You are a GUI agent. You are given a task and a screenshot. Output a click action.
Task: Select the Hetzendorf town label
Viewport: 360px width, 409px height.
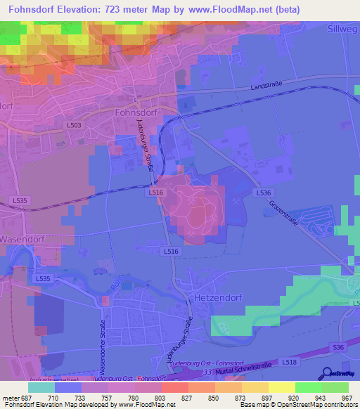coord(217,297)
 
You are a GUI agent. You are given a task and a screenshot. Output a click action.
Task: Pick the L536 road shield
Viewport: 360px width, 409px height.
coord(263,193)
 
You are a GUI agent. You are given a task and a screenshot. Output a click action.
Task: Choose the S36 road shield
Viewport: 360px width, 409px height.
coord(339,347)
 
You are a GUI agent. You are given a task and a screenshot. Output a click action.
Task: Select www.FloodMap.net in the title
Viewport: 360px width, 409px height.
coord(235,10)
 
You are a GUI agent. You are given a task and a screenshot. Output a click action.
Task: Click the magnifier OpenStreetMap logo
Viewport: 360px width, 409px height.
coord(328,375)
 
